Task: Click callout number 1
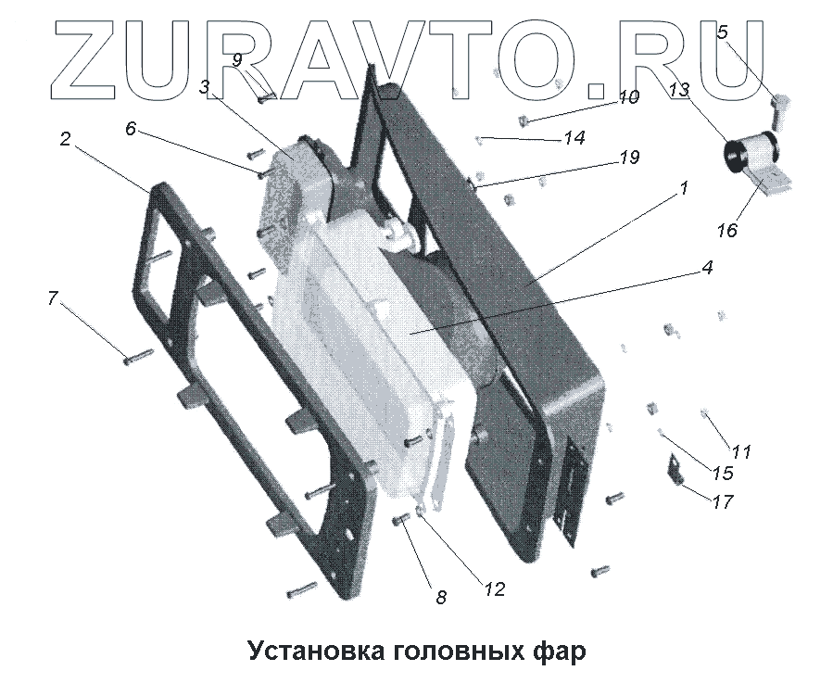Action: [x=683, y=188]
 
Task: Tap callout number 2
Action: [x=65, y=140]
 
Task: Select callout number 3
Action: [x=205, y=86]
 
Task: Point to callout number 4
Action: [x=706, y=268]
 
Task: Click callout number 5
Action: [x=723, y=32]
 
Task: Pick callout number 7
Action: [x=53, y=298]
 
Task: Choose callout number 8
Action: [x=441, y=598]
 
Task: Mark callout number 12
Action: [x=495, y=589]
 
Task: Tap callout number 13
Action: [x=679, y=90]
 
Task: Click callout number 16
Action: [x=728, y=230]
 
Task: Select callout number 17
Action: [x=723, y=502]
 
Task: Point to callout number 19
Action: [x=629, y=158]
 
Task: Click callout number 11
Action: [x=741, y=452]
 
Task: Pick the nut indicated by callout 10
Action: [x=523, y=120]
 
